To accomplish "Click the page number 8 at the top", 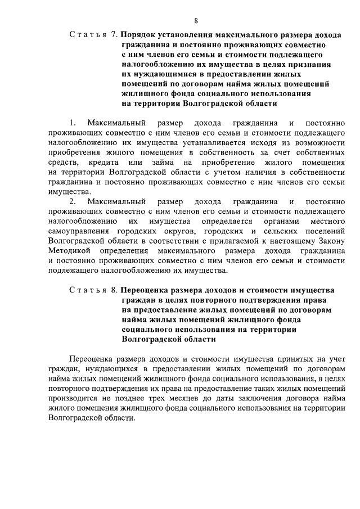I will click(196, 21).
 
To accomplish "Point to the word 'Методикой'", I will click(69, 251).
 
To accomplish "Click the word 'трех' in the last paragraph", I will click(167, 398).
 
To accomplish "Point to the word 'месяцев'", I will click(195, 398).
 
